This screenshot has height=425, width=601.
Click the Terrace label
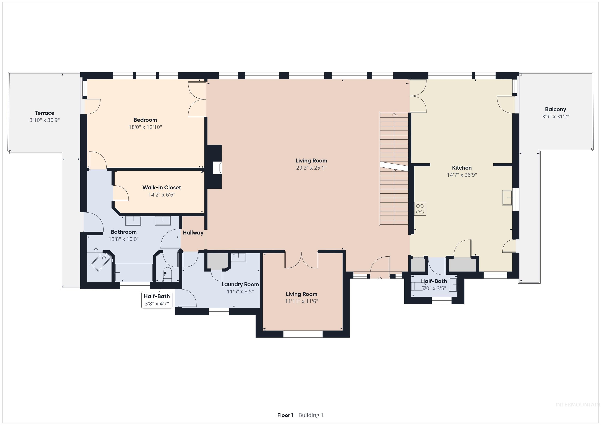44,113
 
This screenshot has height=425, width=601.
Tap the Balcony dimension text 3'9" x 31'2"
555,116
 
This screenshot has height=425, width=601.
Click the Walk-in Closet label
162,187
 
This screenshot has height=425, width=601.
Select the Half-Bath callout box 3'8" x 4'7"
157,300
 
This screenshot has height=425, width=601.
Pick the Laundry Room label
240,284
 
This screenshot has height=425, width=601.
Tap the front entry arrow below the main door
380,279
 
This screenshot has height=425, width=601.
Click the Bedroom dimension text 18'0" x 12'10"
145,127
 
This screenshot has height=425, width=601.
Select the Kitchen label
462,168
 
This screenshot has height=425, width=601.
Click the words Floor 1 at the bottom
285,415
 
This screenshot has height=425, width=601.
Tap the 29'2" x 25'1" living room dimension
311,168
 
